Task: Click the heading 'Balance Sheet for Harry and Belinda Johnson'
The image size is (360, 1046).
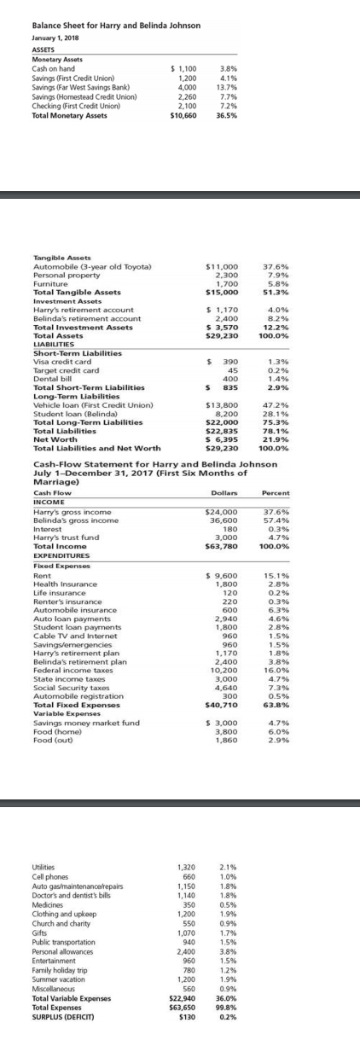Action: click(110, 26)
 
